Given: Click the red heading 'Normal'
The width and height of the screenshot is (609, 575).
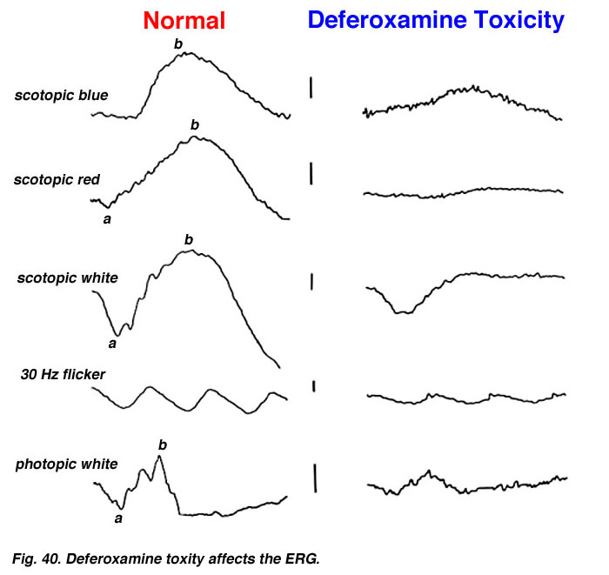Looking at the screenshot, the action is pyautogui.click(x=184, y=21).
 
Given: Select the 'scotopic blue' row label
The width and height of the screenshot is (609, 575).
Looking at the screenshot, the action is pyautogui.click(x=62, y=95).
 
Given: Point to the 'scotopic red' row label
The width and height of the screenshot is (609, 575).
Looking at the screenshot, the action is pyautogui.click(x=57, y=179).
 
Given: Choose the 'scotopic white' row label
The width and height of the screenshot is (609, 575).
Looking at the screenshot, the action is pyautogui.click(x=68, y=278).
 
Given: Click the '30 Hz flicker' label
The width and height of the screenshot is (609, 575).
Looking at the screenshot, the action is pyautogui.click(x=63, y=374).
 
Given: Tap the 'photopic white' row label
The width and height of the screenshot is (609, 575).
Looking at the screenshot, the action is pyautogui.click(x=66, y=464).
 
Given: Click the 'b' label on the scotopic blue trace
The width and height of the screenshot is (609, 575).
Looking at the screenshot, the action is pyautogui.click(x=177, y=43).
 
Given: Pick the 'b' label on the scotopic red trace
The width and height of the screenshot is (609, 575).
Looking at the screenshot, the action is pyautogui.click(x=195, y=124).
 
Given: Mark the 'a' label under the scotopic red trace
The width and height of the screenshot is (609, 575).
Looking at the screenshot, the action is pyautogui.click(x=107, y=219).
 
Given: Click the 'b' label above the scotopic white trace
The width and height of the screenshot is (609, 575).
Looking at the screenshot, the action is pyautogui.click(x=189, y=239).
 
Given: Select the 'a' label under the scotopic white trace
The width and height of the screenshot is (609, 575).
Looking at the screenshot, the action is pyautogui.click(x=112, y=344).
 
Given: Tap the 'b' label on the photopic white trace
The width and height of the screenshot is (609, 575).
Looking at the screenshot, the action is pyautogui.click(x=163, y=445).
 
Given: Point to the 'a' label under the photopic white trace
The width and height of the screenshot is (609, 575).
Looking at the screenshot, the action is pyautogui.click(x=118, y=518).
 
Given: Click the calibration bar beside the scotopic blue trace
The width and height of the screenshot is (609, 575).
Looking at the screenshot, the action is pyautogui.click(x=311, y=87).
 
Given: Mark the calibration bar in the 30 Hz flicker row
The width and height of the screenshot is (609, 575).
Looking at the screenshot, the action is pyautogui.click(x=314, y=386).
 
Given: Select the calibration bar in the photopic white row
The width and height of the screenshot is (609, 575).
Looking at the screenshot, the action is pyautogui.click(x=315, y=478).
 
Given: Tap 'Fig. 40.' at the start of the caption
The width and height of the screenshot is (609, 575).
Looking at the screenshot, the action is pyautogui.click(x=37, y=559).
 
